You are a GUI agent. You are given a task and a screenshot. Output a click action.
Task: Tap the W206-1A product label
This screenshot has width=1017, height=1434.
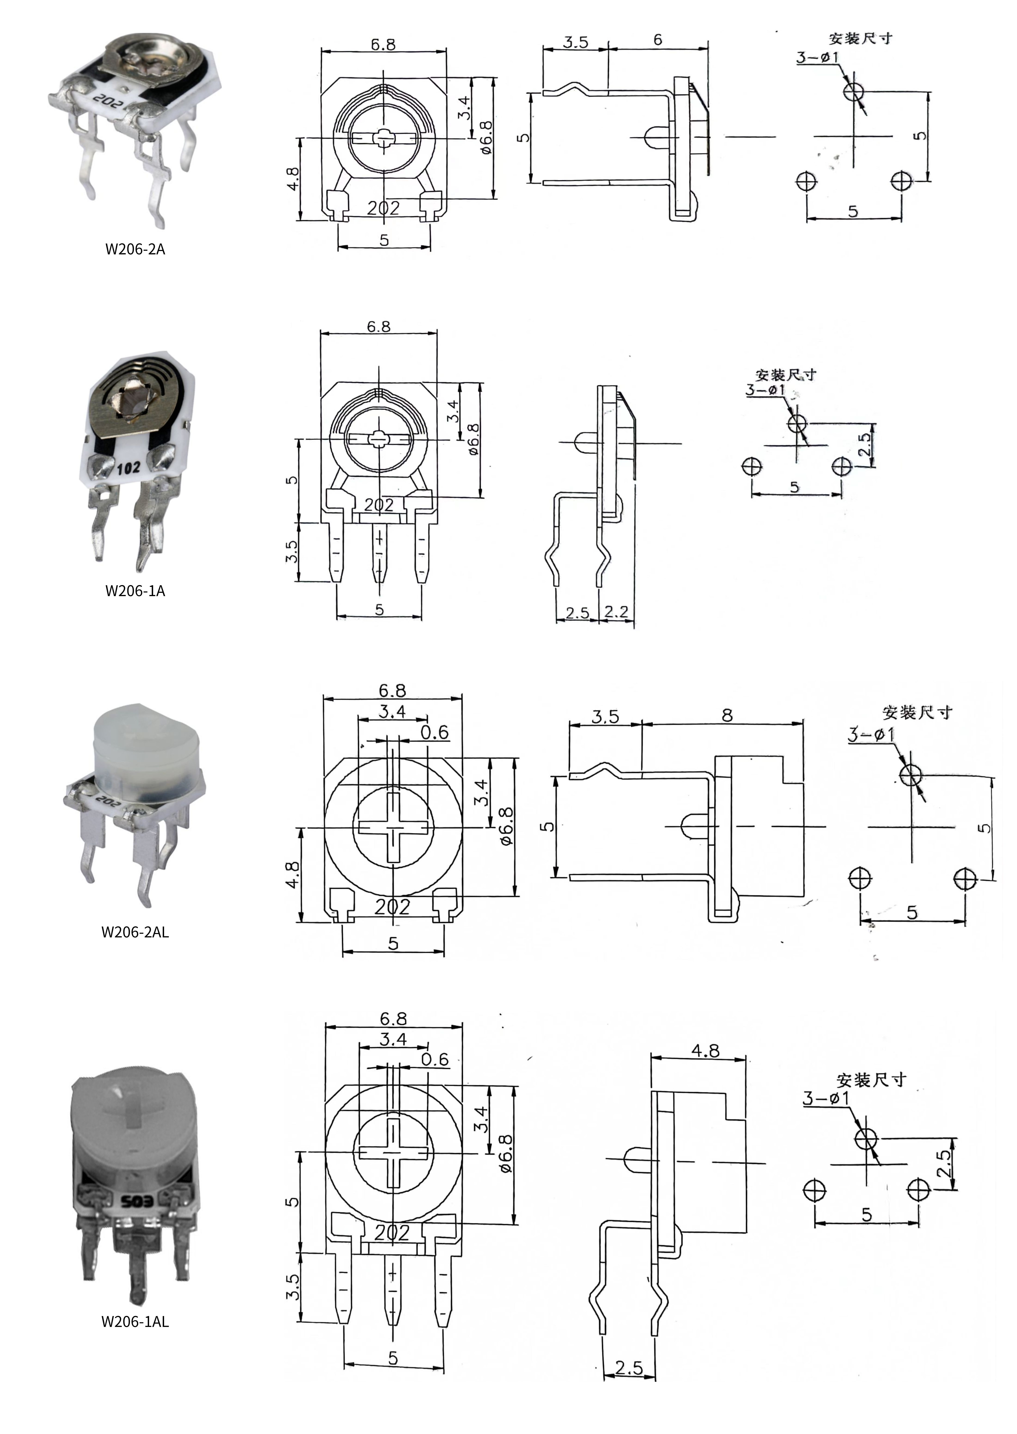[135, 591]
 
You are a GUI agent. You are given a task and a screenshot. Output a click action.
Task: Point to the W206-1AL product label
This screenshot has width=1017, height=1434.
[135, 1322]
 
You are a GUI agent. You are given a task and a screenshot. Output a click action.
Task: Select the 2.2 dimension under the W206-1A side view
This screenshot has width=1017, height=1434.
[617, 612]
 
